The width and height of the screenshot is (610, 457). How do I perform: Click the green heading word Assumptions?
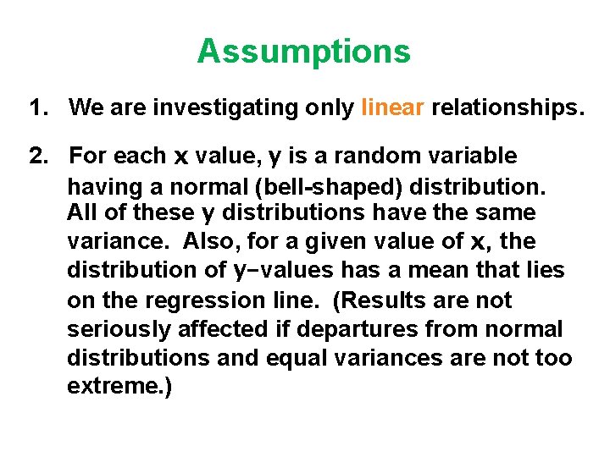click(303, 52)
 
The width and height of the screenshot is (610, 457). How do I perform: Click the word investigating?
click(234, 108)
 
